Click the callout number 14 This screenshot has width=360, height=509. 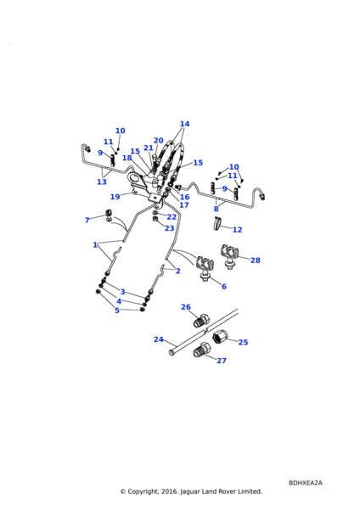[184, 124]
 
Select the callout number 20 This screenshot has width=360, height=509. [158, 141]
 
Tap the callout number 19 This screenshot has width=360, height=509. [115, 197]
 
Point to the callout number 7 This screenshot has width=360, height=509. [87, 221]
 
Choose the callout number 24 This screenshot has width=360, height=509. [158, 339]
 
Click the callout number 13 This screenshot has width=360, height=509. [102, 182]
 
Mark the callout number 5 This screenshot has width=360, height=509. [117, 310]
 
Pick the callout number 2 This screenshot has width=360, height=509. [177, 271]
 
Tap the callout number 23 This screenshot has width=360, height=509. [169, 228]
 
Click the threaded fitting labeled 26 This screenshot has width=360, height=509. [202, 320]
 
